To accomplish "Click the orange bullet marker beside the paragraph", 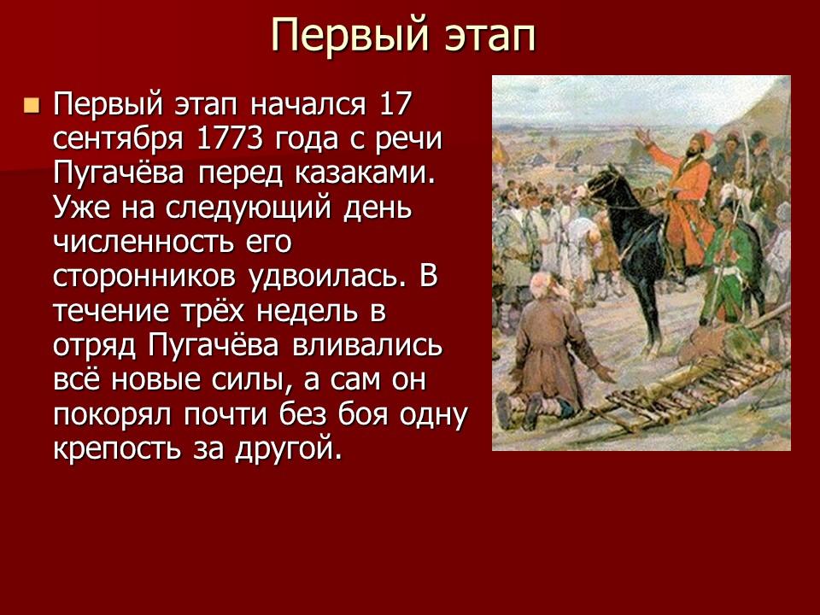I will pyautogui.click(x=32, y=106).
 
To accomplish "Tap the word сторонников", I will pyautogui.click(x=157, y=277).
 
